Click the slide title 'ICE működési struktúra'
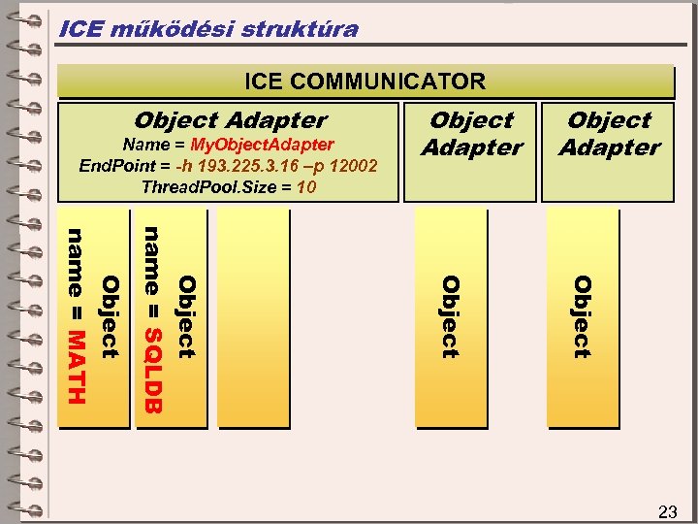point(208,29)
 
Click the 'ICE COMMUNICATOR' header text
point(365,82)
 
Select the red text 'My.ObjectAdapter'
point(262,145)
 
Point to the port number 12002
point(351,165)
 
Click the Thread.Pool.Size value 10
point(306,186)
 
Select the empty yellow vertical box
point(254,318)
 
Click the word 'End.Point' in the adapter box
point(110,165)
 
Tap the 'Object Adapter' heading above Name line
point(231,120)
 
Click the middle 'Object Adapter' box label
point(471,134)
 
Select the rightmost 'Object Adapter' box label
point(609,134)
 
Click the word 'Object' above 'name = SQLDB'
point(186,315)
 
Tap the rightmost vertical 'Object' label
point(581,316)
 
